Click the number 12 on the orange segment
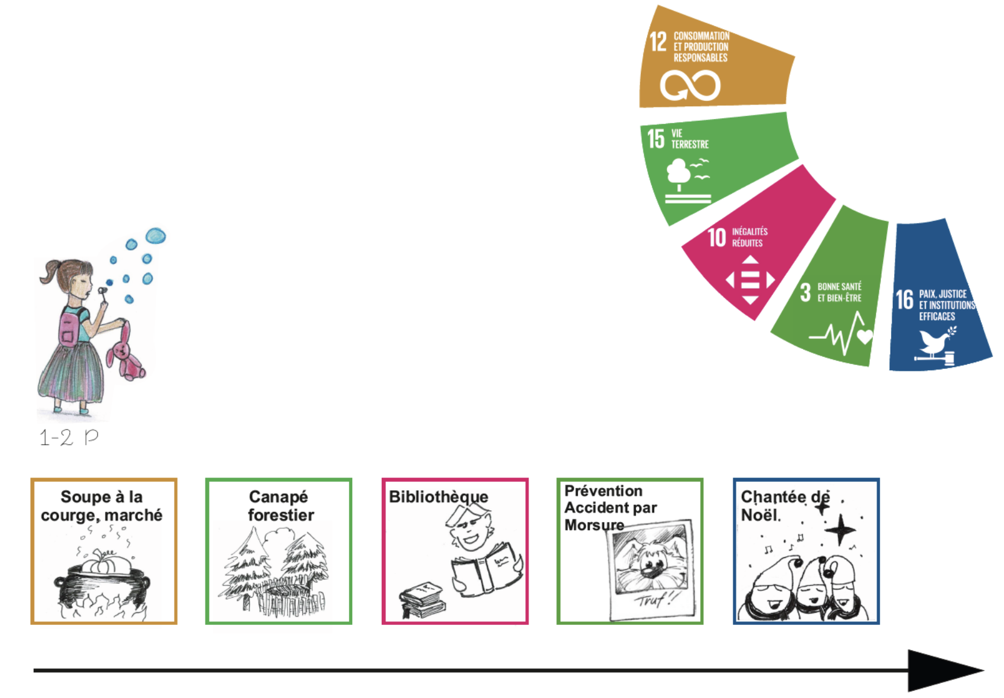point(658,42)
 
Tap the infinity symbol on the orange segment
point(690,85)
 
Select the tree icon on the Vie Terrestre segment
point(679,172)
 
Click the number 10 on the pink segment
point(716,237)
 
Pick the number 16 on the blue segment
point(904,299)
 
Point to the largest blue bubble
point(155,235)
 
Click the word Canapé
point(278,497)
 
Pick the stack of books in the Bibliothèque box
point(423,600)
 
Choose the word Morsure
point(594,525)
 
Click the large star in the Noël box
point(840,531)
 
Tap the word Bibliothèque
point(439,497)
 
